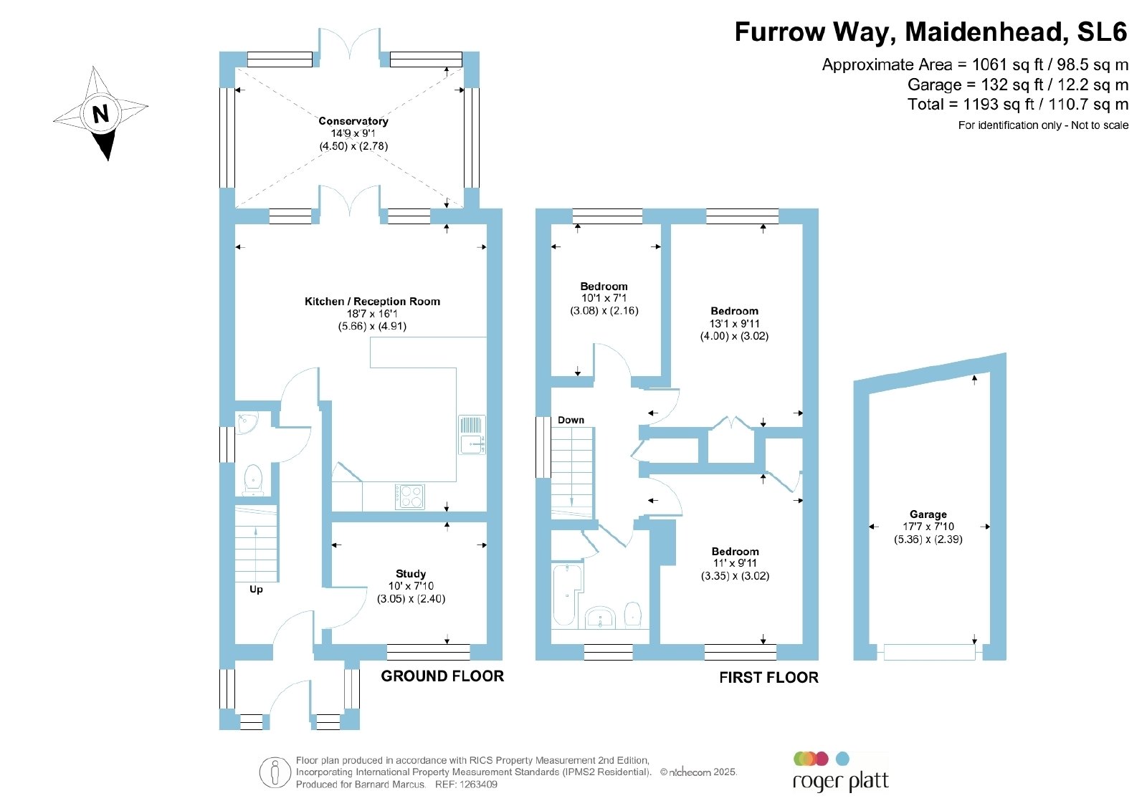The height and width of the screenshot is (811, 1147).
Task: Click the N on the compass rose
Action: [100, 113]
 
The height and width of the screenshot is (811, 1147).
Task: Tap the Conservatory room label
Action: [353, 121]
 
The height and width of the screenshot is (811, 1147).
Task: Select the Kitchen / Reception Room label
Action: [372, 302]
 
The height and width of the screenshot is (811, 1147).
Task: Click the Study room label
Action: [411, 574]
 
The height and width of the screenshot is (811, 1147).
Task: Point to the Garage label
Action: [928, 514]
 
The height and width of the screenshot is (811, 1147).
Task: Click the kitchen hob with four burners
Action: [409, 496]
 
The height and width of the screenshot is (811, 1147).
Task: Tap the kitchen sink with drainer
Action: [472, 434]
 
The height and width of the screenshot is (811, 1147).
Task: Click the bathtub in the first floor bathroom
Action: [567, 595]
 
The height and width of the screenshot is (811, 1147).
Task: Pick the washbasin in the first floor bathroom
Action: [600, 618]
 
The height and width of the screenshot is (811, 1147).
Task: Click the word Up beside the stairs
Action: [256, 590]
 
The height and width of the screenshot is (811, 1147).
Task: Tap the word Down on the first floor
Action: [571, 420]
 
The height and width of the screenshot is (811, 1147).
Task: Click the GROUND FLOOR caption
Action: [442, 676]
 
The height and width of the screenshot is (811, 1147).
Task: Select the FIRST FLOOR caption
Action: [768, 678]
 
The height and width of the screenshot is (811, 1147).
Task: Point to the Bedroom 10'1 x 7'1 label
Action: [604, 298]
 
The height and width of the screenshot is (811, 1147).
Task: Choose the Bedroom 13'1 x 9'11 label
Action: [734, 323]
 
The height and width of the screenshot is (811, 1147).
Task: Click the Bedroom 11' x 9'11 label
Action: [735, 563]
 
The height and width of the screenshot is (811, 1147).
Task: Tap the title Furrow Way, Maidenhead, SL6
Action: [931, 32]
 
